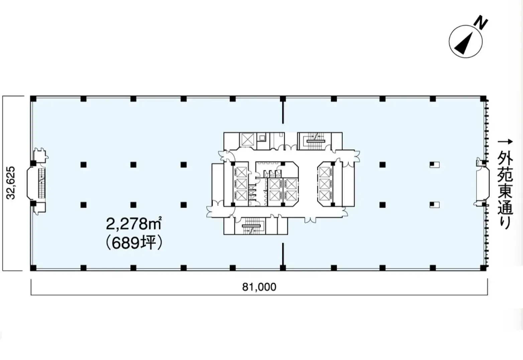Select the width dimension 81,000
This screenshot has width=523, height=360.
pyautogui.click(x=259, y=287)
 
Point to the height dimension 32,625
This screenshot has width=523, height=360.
pyautogui.click(x=11, y=183)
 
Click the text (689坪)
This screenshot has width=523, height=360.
pyautogui.click(x=134, y=244)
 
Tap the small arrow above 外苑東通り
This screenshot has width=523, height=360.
pyautogui.click(x=505, y=142)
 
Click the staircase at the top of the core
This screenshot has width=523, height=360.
pyautogui.click(x=314, y=141)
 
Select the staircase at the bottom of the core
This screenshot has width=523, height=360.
pyautogui.click(x=250, y=226)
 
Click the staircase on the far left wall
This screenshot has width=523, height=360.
pyautogui.click(x=42, y=183)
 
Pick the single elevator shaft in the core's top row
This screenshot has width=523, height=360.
pyautogui.click(x=247, y=139)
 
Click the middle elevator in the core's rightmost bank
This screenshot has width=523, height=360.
pyautogui.click(x=324, y=184)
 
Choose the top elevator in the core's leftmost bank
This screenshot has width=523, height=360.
pyautogui.click(x=241, y=172)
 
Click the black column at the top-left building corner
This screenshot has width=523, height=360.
pyautogui.click(x=33, y=99)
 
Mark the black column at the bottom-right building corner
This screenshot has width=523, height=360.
pyautogui.click(x=483, y=268)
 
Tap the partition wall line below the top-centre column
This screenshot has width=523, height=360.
pyautogui.click(x=283, y=112)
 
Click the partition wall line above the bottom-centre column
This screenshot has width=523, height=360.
pyautogui.click(x=283, y=254)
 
